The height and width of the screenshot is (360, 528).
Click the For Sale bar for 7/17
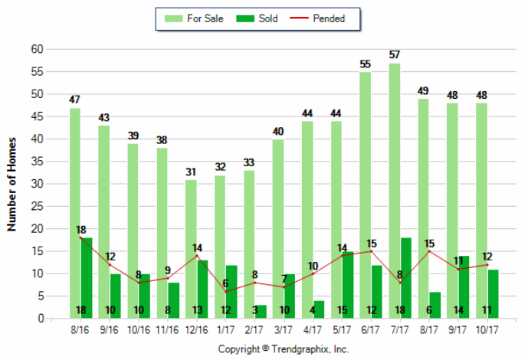pos(394,184)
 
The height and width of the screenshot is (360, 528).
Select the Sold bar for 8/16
pos(86,276)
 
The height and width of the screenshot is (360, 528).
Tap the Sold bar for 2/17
pos(260,312)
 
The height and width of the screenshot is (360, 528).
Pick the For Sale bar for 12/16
pos(191,245)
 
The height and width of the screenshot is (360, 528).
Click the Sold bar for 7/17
pos(405,276)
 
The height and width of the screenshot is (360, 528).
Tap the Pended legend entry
pos(320,18)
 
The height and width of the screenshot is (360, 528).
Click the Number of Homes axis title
pos(11,184)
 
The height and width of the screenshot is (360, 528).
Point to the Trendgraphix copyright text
pos(284,349)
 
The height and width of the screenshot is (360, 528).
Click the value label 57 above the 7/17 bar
pos(394,55)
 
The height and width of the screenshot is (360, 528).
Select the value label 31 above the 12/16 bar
pos(191,172)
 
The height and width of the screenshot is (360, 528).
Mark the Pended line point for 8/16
pos(80,237)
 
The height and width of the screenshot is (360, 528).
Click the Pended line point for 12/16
pos(197,256)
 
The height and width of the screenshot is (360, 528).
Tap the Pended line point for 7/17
pos(400,283)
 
